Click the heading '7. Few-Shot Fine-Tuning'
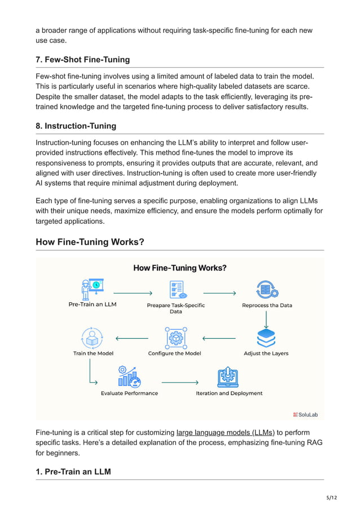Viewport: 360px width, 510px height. tap(82, 59)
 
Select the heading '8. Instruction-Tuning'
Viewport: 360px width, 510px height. tap(76, 127)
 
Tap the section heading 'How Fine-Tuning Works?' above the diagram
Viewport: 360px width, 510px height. tap(90, 242)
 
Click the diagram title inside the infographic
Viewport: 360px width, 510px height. tap(179, 268)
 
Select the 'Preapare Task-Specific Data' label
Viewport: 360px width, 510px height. tap(175, 308)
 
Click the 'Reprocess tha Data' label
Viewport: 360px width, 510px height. tap(267, 305)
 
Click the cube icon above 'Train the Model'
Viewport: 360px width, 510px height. tap(92, 338)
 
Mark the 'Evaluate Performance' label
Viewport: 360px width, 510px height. tap(129, 393)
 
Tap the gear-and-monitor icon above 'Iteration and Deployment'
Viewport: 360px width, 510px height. tap(228, 377)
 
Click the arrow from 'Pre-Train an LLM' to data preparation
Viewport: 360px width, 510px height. tap(133, 293)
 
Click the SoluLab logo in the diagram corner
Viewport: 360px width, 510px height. tap(305, 414)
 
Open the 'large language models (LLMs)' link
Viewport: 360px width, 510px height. tap(225, 433)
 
